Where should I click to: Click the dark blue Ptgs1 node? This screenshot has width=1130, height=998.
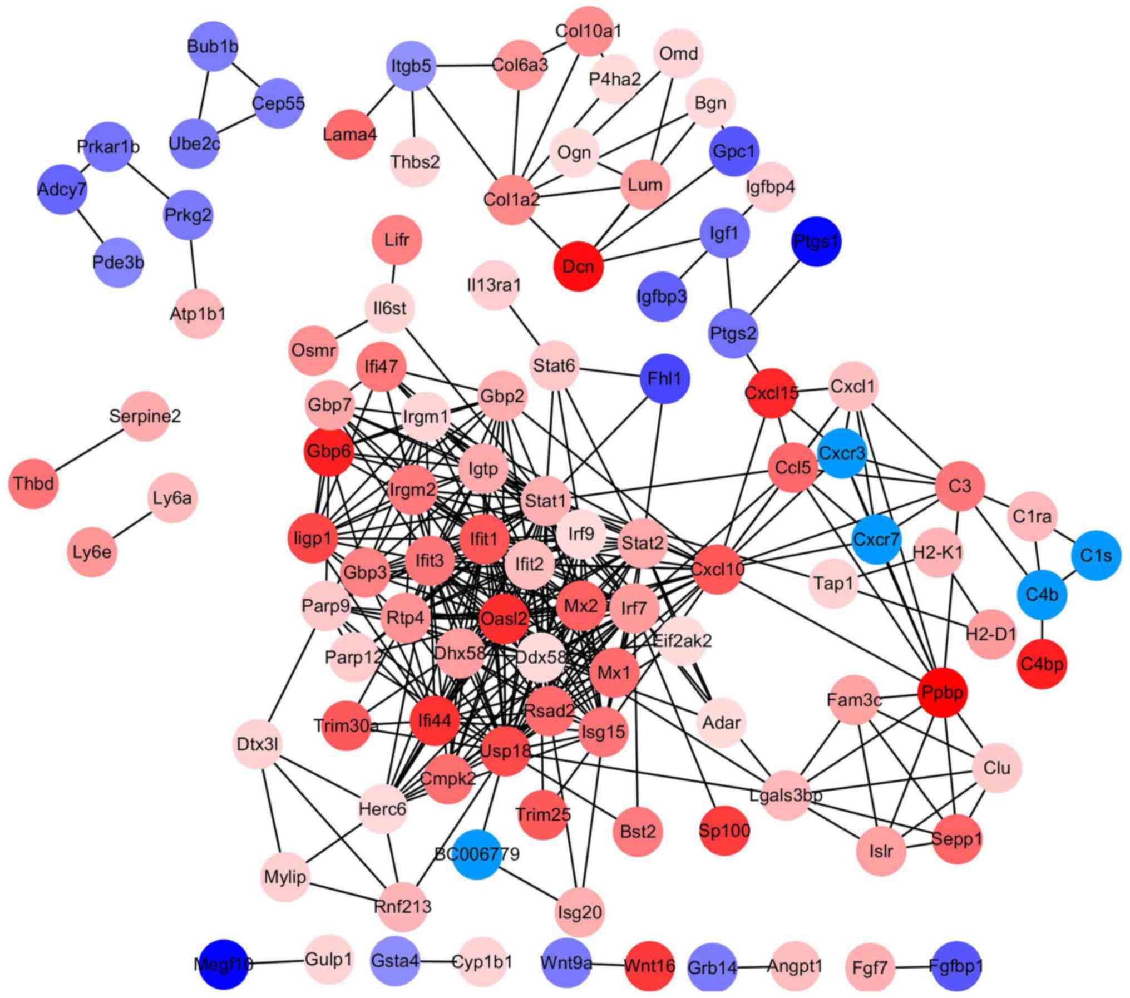coord(816,241)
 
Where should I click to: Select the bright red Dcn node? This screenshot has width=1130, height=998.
coord(579,266)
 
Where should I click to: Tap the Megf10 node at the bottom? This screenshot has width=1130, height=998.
coord(223,964)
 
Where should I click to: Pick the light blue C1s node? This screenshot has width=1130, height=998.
coord(1096,555)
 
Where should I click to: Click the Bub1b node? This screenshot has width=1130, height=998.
coord(213,46)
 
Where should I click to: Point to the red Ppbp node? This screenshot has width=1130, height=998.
coord(943,693)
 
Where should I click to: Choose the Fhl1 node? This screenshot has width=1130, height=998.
coord(665,379)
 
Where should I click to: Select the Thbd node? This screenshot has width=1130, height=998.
coord(33,483)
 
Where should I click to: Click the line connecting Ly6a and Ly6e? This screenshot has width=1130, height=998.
coord(132,525)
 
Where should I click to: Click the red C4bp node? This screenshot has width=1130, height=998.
coord(1042,664)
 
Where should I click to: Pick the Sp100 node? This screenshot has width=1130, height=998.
coord(724,831)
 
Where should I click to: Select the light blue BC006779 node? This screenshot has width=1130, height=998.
coord(476,854)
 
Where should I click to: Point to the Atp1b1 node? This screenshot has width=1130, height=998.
coord(198,314)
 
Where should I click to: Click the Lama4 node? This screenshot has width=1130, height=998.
coord(349,134)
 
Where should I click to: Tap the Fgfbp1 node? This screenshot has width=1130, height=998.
coord(956,966)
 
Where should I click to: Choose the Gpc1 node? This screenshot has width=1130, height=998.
coord(734,151)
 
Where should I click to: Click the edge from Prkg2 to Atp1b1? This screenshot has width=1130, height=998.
coord(193,264)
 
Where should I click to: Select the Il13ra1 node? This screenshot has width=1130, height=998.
coord(494,285)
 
